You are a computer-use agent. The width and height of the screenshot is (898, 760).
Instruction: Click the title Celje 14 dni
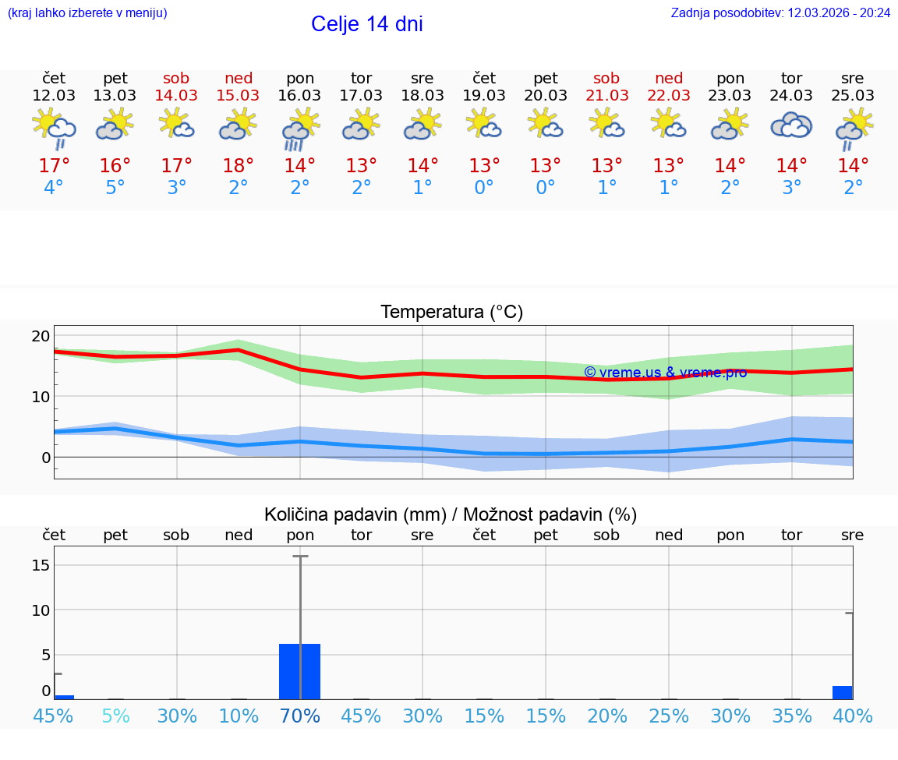tap(366, 24)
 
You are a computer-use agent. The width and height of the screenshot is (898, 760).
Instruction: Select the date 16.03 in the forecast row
tap(300, 95)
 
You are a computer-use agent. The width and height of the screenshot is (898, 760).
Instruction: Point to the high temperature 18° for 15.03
tap(239, 165)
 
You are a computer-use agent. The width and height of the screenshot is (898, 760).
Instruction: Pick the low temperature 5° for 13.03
tap(115, 188)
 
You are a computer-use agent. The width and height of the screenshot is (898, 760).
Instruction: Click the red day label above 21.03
tap(606, 78)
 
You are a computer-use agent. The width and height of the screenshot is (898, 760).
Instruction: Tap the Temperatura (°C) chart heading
tap(451, 313)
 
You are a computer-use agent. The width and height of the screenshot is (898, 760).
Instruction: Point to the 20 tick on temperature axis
tap(41, 336)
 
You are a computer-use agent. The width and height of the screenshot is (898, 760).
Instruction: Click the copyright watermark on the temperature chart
tap(665, 373)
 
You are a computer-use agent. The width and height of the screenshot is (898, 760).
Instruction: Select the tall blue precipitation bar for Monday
tap(300, 671)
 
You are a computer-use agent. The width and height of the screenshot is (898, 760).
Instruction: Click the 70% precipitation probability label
tap(300, 716)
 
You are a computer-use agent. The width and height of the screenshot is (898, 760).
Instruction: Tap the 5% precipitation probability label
tap(115, 716)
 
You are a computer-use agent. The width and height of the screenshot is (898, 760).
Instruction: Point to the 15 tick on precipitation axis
tap(41, 564)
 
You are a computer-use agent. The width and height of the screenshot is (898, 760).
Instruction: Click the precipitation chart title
tap(451, 514)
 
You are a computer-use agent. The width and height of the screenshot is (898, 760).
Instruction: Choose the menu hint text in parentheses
tap(87, 13)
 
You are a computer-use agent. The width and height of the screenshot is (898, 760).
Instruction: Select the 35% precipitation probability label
tap(792, 716)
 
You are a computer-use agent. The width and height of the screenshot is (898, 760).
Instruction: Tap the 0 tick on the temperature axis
tap(44, 457)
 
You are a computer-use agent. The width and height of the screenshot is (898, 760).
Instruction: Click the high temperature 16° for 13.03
tap(115, 165)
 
